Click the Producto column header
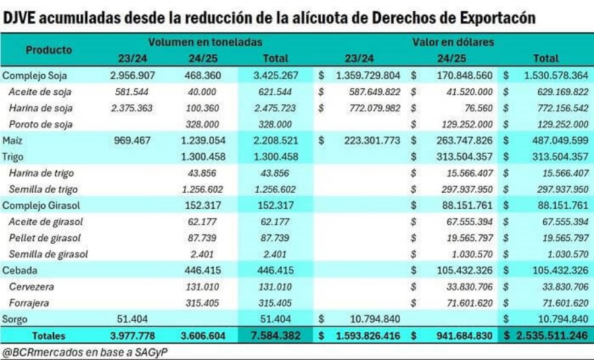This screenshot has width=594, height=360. tap(49, 50)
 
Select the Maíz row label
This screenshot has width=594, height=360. tap(13, 141)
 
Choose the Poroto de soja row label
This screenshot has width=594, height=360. tap(41, 124)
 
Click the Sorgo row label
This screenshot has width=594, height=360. tap(16, 319)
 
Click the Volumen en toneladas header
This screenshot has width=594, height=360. tap(205, 42)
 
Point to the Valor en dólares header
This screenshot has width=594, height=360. tap(453, 42)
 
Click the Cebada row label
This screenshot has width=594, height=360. tap(20, 270)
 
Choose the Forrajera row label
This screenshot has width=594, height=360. tap(30, 303)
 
